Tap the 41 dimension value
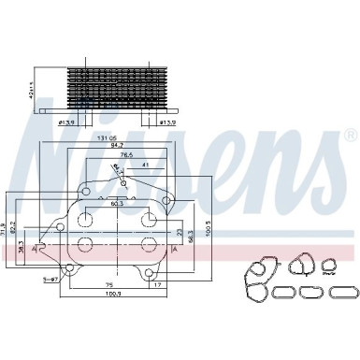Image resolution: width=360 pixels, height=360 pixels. click(145, 165)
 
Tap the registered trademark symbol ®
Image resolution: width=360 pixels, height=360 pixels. click(350, 134)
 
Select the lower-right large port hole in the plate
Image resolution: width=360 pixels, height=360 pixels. click(146, 244)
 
